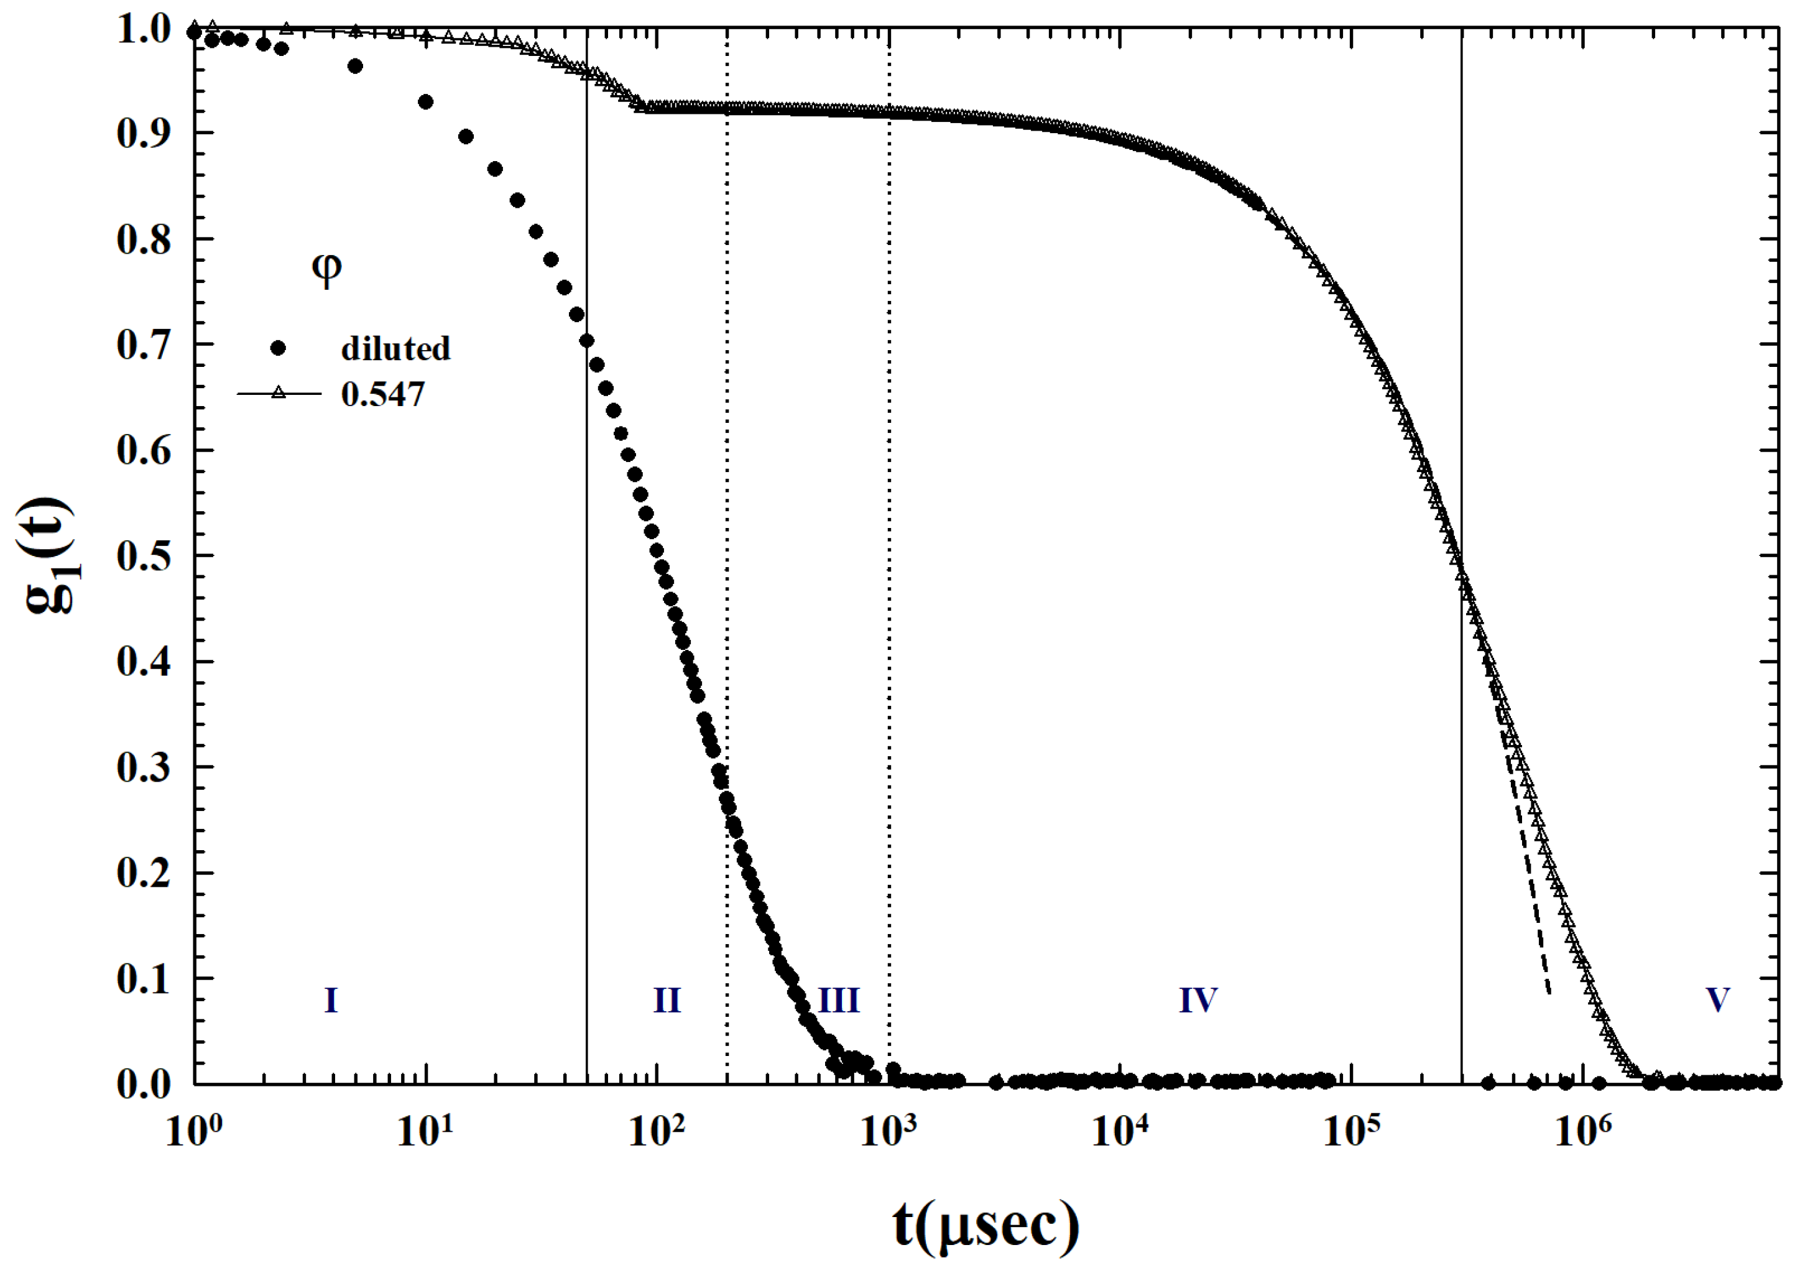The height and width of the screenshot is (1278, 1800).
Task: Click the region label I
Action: click(331, 1000)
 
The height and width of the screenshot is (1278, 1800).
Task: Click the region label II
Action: click(667, 1000)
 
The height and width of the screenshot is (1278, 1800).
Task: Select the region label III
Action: click(839, 1000)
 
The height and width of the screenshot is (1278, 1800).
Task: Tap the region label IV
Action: click(1198, 1000)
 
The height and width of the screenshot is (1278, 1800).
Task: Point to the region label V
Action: click(1717, 1000)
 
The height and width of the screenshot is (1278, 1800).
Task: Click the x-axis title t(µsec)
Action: click(985, 1225)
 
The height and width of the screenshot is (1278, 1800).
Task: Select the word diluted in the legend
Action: click(395, 349)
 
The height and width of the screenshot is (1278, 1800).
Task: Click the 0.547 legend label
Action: click(382, 394)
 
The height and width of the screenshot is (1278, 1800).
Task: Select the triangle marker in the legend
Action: click(279, 392)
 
